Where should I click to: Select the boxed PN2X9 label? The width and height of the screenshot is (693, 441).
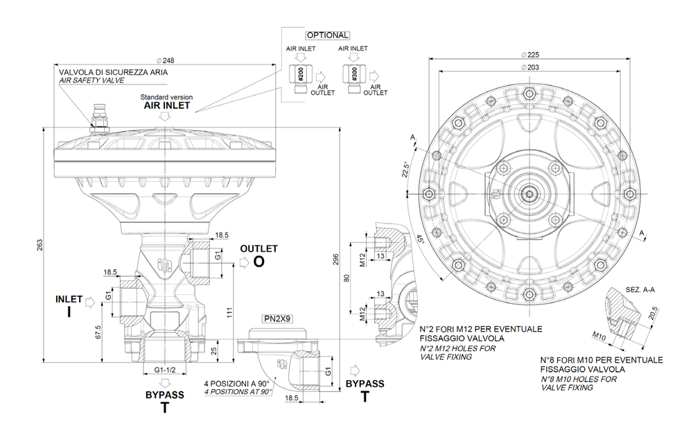coord(277,319)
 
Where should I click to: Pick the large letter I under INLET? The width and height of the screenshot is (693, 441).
coord(69,312)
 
